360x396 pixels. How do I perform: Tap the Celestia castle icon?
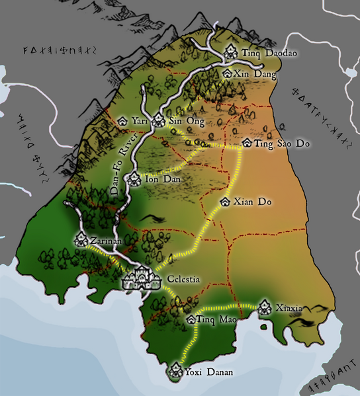[x=141, y=278]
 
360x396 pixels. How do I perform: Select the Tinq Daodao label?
[x=261, y=52]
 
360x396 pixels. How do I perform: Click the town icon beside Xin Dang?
[x=228, y=75]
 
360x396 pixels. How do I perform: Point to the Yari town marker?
[x=122, y=122]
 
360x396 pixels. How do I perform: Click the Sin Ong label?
[x=186, y=122]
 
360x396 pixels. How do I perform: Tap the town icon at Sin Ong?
[x=159, y=121]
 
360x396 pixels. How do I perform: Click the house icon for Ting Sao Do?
[x=247, y=142]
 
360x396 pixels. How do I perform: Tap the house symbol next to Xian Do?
[x=225, y=201]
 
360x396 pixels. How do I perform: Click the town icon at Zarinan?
[x=81, y=241]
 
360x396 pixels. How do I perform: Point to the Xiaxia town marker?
[x=265, y=307]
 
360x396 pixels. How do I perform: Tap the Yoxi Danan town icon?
[x=176, y=371]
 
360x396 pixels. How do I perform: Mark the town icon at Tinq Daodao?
[x=231, y=51]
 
